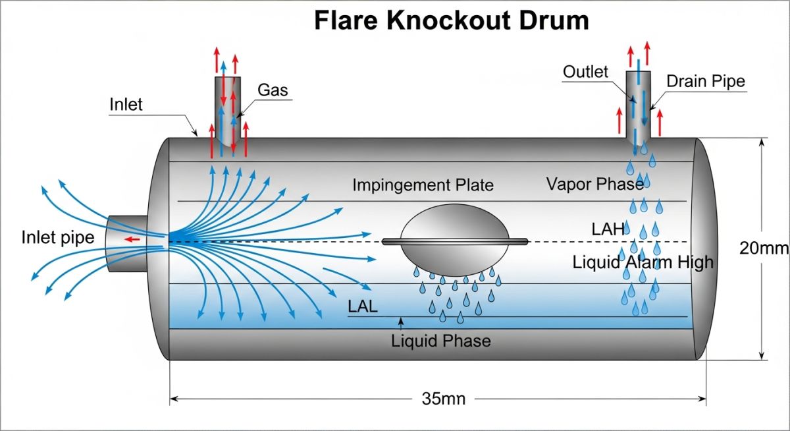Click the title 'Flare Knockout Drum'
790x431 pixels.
click(x=451, y=21)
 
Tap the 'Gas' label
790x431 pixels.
click(x=273, y=90)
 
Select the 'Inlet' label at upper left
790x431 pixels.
click(x=126, y=105)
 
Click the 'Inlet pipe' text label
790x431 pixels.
click(x=58, y=237)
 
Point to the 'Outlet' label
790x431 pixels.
click(x=585, y=71)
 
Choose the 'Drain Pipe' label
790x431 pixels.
click(x=706, y=81)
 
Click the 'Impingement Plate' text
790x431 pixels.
click(x=423, y=185)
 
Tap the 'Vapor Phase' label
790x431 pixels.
click(x=594, y=184)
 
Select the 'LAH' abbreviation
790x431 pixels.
click(x=607, y=229)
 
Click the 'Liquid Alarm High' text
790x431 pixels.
click(x=643, y=262)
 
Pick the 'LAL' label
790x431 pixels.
click(x=363, y=306)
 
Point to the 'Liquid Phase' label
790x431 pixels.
click(x=441, y=341)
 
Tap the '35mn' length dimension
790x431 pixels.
click(x=443, y=399)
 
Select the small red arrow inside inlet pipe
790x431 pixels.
click(x=134, y=239)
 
